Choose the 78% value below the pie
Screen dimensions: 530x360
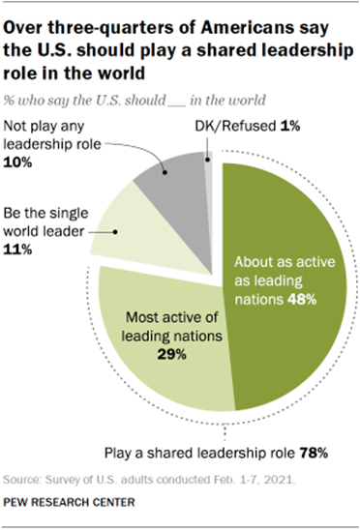[319, 451]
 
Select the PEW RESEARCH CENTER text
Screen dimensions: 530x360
[70, 504]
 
